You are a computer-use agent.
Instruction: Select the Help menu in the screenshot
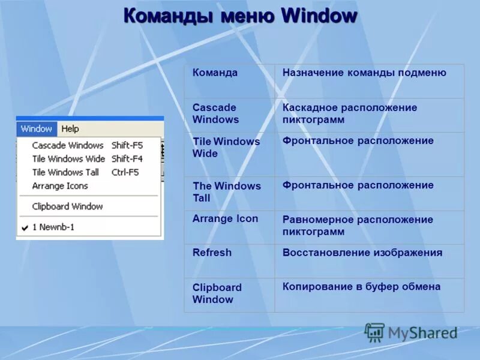[x=70, y=128]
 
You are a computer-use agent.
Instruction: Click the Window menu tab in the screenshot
[x=37, y=128]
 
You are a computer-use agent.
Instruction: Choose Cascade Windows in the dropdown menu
[x=68, y=145]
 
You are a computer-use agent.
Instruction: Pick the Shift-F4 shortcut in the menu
[x=127, y=159]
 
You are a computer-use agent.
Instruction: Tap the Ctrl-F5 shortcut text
[x=125, y=172]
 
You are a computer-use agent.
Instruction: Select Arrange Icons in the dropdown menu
[x=60, y=186]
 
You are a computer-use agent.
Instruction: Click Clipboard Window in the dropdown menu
[x=67, y=206]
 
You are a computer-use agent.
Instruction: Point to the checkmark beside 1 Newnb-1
[x=25, y=228]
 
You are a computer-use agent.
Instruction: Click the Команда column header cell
[x=215, y=73]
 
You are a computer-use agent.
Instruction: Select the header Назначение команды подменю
[x=364, y=73]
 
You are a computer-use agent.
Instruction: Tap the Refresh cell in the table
[x=212, y=253]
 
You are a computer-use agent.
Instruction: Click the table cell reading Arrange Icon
[x=225, y=219]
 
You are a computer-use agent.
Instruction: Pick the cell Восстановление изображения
[x=362, y=253]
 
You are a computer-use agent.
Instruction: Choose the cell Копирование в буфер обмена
[x=361, y=287]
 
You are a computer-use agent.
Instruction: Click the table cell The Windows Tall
[x=226, y=192]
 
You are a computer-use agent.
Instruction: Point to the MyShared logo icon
[x=374, y=332]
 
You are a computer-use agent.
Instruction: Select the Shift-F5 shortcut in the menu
[x=127, y=145]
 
